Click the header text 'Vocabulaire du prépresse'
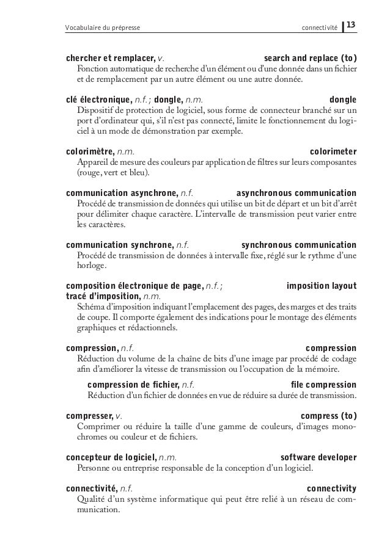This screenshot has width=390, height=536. point(101,27)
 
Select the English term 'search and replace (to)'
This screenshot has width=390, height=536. point(311,58)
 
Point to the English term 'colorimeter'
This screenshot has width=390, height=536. point(333,151)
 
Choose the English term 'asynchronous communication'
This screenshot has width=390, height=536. point(296,193)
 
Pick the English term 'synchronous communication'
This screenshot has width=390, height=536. point(299,245)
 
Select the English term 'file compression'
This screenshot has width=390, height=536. point(324,385)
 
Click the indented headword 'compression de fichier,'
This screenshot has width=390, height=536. point(133,385)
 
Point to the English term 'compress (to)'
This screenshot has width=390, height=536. point(329,416)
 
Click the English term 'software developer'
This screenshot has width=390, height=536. point(318,458)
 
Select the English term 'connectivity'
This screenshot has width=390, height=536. point(332,489)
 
